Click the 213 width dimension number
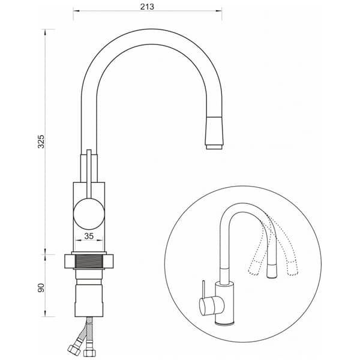pos(147,7)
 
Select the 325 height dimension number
pos(41,142)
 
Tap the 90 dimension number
pos(41,288)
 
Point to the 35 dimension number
pos(89,236)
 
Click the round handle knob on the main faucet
pos(89,214)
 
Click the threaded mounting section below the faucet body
pos(89,261)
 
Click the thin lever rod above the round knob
pos(89,174)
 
